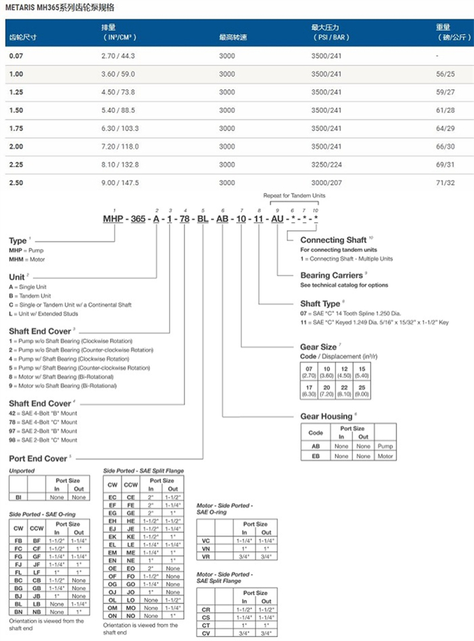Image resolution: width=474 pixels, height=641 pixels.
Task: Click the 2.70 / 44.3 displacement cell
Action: [x=118, y=57]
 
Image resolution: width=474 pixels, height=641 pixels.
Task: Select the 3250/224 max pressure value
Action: [x=326, y=165]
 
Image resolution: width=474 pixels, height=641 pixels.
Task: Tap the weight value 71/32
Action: [x=445, y=183]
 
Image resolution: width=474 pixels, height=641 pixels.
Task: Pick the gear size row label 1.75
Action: [x=16, y=129]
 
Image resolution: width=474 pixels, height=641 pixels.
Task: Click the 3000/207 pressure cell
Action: [x=326, y=183]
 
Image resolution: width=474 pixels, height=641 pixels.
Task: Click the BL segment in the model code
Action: [x=203, y=220]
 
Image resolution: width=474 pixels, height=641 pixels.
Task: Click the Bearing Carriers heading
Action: [x=331, y=276]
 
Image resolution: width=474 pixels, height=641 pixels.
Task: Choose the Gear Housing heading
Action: [x=326, y=417]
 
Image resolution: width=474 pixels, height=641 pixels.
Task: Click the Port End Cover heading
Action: [x=38, y=458]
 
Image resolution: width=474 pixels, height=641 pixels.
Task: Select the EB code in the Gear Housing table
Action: [x=315, y=456]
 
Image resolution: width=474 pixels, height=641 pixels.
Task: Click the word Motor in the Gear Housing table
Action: [x=385, y=456]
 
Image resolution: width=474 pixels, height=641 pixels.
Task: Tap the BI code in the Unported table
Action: [x=18, y=497]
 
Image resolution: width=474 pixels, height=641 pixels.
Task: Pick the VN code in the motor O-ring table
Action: [x=206, y=548]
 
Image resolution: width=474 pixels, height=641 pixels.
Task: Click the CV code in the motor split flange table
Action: [x=206, y=633]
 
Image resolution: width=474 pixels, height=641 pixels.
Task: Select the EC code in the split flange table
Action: [x=113, y=497]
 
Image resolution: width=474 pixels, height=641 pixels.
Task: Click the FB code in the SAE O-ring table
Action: [x=18, y=540]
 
